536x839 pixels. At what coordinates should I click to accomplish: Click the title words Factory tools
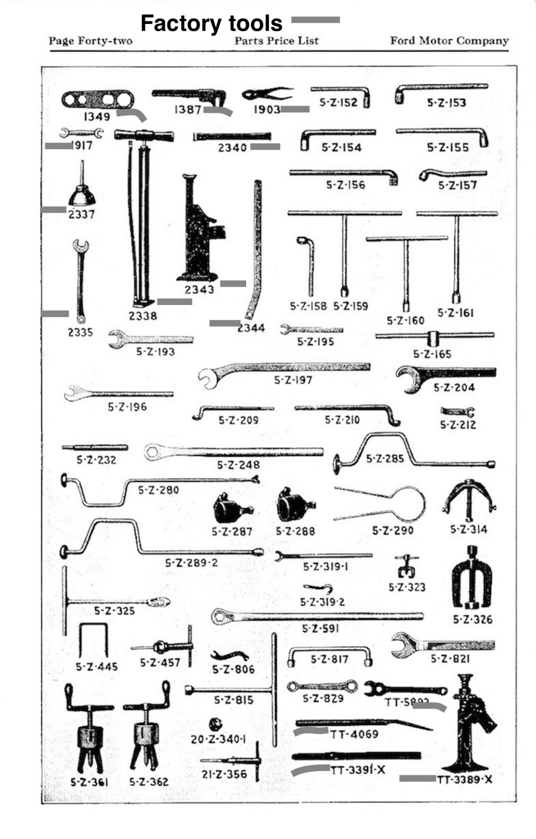tap(211, 23)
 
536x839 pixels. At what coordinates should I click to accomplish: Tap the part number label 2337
tap(81, 213)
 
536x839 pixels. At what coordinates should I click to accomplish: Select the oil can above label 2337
tap(81, 192)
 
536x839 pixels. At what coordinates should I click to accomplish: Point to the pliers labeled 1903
tap(267, 94)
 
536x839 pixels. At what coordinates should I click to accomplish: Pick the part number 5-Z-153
tap(446, 103)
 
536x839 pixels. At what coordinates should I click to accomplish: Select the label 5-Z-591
tap(320, 629)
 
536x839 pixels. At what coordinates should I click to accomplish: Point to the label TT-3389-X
tap(465, 780)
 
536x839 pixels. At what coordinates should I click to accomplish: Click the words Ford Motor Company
tap(449, 41)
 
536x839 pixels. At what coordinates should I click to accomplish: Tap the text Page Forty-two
tap(90, 41)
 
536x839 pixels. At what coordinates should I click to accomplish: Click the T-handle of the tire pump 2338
tap(144, 135)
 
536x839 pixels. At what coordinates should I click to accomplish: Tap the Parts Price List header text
tap(276, 41)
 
